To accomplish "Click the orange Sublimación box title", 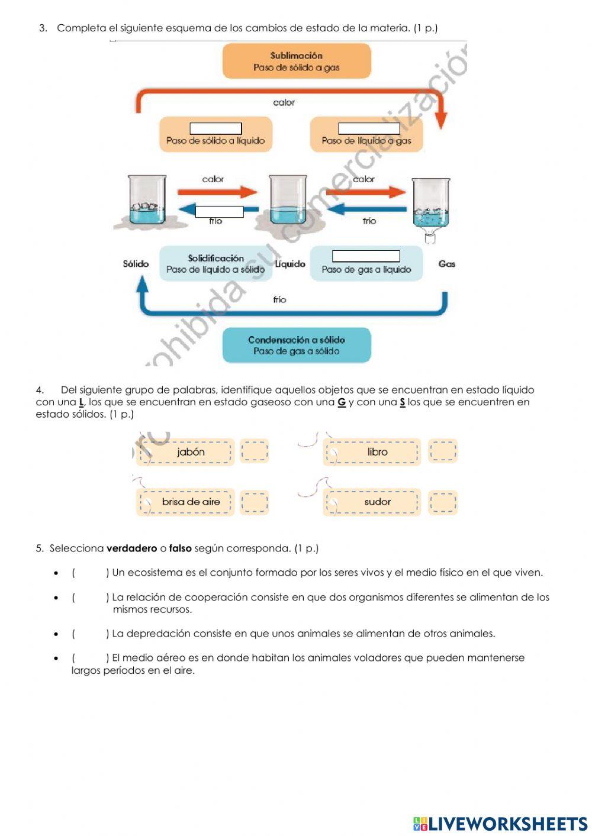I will click(296, 56).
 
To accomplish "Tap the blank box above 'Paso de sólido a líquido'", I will click(215, 129).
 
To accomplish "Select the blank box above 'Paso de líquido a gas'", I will click(368, 129).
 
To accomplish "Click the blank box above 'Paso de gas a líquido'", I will click(366, 256).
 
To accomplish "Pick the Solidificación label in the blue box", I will click(215, 258).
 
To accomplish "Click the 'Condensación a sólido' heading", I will click(296, 340).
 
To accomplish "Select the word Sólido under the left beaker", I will click(136, 264).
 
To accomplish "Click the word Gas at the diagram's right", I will click(447, 264).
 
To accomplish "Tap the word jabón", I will click(191, 452).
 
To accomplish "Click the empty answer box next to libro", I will click(443, 451).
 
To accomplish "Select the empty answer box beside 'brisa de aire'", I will click(255, 502).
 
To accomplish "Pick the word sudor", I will click(377, 502).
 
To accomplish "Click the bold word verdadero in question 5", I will click(131, 548).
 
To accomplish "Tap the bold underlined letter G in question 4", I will click(342, 402).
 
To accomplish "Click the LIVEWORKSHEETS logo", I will click(500, 824).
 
